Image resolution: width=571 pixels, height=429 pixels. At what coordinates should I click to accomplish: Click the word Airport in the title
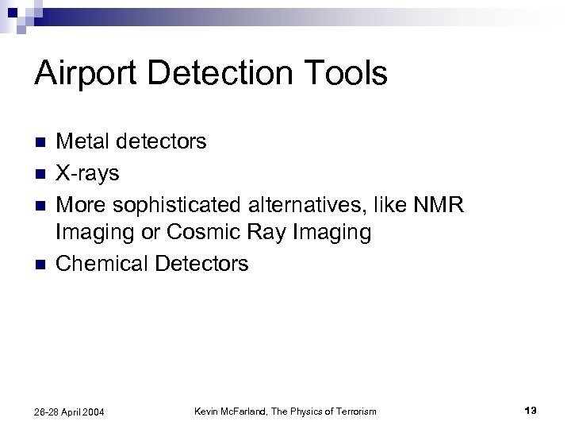coord(87,74)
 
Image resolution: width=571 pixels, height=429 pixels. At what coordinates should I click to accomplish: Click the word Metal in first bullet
coord(84,142)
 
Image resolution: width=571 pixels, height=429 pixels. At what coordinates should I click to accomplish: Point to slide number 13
coord(531,410)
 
